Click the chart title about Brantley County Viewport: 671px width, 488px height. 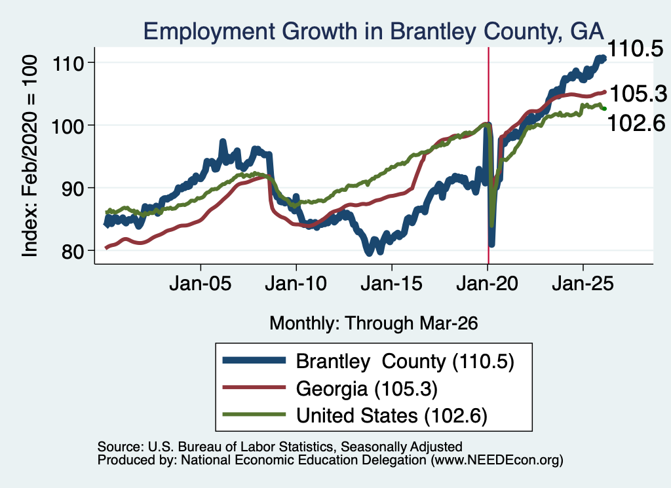373,31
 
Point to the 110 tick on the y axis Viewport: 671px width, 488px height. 67,64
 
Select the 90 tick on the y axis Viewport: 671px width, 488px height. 72,188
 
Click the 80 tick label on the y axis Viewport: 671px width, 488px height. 72,251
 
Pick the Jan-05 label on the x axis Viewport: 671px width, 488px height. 201,284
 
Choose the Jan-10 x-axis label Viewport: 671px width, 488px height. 296,284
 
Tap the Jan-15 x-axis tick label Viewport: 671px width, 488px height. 392,284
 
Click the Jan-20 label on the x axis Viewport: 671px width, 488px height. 487,284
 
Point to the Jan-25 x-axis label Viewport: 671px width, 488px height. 583,284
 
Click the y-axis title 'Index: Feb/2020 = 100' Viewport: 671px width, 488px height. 30,156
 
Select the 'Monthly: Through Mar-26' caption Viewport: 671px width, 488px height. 374,324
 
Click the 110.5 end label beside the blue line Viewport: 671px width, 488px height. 635,48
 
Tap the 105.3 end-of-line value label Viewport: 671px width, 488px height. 638,94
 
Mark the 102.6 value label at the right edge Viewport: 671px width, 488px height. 636,123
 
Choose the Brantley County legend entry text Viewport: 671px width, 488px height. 405,362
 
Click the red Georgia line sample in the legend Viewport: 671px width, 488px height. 254,388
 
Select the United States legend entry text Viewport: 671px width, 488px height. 392,415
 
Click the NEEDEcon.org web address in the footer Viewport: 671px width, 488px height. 497,460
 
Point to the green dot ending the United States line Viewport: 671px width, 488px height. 604,109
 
